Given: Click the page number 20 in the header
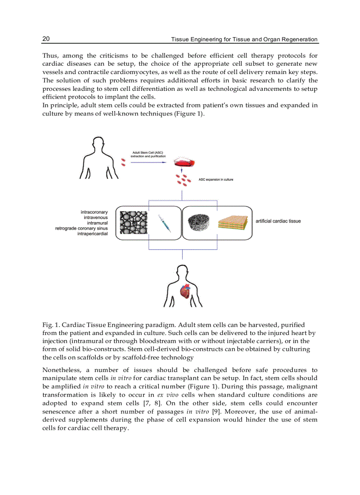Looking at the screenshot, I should click(46, 39).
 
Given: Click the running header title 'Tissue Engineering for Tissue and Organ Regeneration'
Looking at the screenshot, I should click(244, 39).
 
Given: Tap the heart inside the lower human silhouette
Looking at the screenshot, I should click(185, 290).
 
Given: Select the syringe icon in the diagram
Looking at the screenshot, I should click(164, 223).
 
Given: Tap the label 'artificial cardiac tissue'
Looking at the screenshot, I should click(278, 221).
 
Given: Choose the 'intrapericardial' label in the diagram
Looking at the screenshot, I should click(92, 234).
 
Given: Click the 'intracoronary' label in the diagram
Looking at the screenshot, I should click(94, 212).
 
